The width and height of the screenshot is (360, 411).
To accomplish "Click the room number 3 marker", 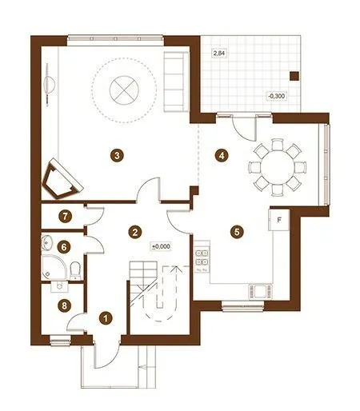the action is pyautogui.click(x=117, y=155).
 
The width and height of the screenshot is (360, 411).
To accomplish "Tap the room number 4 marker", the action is pyautogui.click(x=222, y=155).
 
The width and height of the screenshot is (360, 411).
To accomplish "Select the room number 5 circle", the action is pyautogui.click(x=237, y=232).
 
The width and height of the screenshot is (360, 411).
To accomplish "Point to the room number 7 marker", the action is pyautogui.click(x=66, y=216).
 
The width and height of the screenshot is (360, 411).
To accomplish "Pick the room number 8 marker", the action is pyautogui.click(x=64, y=305).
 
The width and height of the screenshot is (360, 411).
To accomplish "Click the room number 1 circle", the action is pyautogui.click(x=106, y=318).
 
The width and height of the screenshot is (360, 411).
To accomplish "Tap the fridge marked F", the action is pyautogui.click(x=279, y=220).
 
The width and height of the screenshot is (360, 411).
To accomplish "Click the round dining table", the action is pyautogui.click(x=278, y=168).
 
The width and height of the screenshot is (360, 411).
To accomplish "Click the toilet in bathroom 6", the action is pyautogui.click(x=75, y=270).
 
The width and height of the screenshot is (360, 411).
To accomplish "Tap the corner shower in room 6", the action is pyautogui.click(x=52, y=267).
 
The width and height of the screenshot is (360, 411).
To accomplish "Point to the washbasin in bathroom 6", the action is pyautogui.click(x=47, y=243).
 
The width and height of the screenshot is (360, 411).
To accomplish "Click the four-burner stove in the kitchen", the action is pyautogui.click(x=202, y=257).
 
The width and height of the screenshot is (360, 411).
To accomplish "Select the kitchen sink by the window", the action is pyautogui.click(x=260, y=292).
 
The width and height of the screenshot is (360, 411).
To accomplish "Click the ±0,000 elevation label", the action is pyautogui.click(x=161, y=246).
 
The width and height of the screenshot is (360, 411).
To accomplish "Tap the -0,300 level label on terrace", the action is pyautogui.click(x=277, y=96).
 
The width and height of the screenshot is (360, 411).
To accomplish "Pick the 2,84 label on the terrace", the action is pyautogui.click(x=219, y=53).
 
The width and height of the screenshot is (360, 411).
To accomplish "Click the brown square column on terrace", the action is pyautogui.click(x=294, y=76).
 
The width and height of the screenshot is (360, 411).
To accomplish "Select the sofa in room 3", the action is pyautogui.click(x=176, y=82).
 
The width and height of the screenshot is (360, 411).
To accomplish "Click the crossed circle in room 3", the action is pyautogui.click(x=124, y=90).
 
